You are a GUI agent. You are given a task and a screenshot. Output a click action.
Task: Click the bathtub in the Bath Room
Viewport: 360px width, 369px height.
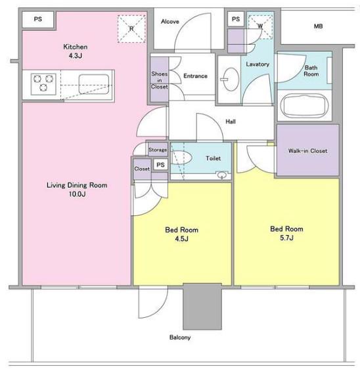point(305,106)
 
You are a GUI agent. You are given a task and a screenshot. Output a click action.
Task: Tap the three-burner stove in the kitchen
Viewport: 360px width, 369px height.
point(43,84)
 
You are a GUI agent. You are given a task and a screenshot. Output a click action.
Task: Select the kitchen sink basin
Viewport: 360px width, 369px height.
point(94,84)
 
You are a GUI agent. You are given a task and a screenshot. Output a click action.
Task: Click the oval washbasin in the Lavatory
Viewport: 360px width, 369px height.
point(231,79)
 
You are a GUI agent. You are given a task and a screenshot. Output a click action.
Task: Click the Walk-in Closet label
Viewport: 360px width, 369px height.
point(307,150)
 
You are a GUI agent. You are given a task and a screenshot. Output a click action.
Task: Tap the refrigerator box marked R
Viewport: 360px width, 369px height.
point(131,29)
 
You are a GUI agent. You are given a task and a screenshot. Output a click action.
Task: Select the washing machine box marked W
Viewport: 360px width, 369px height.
point(260,27)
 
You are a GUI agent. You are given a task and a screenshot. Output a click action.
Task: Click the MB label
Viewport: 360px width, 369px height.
point(318,26)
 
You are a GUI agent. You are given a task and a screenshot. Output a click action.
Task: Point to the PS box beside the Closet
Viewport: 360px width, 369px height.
point(160,165)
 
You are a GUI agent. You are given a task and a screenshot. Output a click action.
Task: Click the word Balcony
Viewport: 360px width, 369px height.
point(180,337)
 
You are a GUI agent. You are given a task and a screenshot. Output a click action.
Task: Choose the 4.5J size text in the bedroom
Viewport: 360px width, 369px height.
point(181,239)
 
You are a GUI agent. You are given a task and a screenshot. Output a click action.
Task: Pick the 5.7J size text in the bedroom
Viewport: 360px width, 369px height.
point(286,238)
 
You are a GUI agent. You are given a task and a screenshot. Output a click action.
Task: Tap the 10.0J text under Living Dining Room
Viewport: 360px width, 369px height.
point(77,194)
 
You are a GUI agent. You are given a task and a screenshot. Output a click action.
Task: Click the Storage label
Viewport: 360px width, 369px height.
point(158,150)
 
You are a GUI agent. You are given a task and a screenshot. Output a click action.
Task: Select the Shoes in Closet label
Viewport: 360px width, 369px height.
point(160,80)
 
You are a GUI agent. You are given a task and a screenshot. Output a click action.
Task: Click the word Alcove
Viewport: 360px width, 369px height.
point(170,22)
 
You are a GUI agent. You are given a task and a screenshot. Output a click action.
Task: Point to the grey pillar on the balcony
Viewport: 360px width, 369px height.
point(202,306)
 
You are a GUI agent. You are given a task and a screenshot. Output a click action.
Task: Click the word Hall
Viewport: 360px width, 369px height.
point(231,121)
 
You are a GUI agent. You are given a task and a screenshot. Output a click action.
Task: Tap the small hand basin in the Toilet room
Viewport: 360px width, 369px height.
point(221,175)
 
